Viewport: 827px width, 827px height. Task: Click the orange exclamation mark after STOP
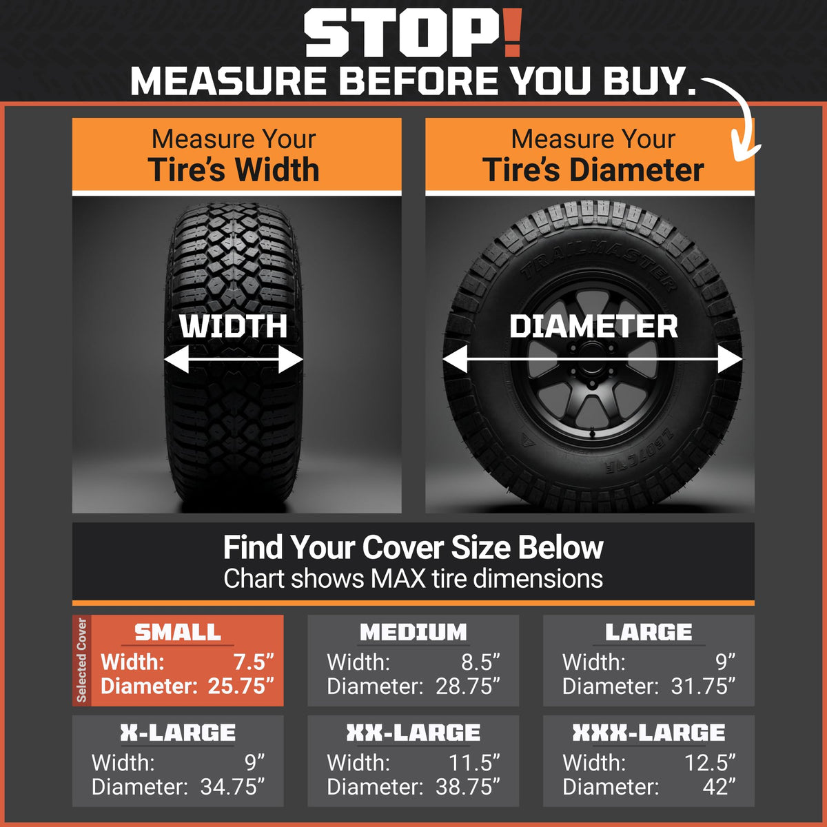pos(511,34)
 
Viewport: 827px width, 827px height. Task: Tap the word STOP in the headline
pos(402,34)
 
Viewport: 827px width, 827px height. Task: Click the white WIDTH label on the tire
pos(234,327)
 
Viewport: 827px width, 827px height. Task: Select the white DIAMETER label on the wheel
pos(593,327)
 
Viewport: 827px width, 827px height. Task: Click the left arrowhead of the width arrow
pos(176,359)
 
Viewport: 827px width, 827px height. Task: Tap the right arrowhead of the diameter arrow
pos(730,359)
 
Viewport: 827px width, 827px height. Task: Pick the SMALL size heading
pos(178,632)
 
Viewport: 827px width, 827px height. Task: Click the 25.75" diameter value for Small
pos(241,686)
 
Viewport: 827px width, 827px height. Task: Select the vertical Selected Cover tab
pos(81,661)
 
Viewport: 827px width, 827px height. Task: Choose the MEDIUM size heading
pos(413,632)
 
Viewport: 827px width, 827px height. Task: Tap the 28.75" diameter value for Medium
pos(468,686)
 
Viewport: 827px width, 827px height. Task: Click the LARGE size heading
pos(649,632)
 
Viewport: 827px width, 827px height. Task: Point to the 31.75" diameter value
pos(703,686)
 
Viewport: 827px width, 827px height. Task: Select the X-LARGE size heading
pos(178,733)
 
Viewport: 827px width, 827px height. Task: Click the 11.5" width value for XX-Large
pos(474,763)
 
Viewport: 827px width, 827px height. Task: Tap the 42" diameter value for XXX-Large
pos(719,786)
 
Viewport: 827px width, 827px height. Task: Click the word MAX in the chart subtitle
pos(398,578)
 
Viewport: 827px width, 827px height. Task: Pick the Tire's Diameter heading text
pos(593,170)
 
